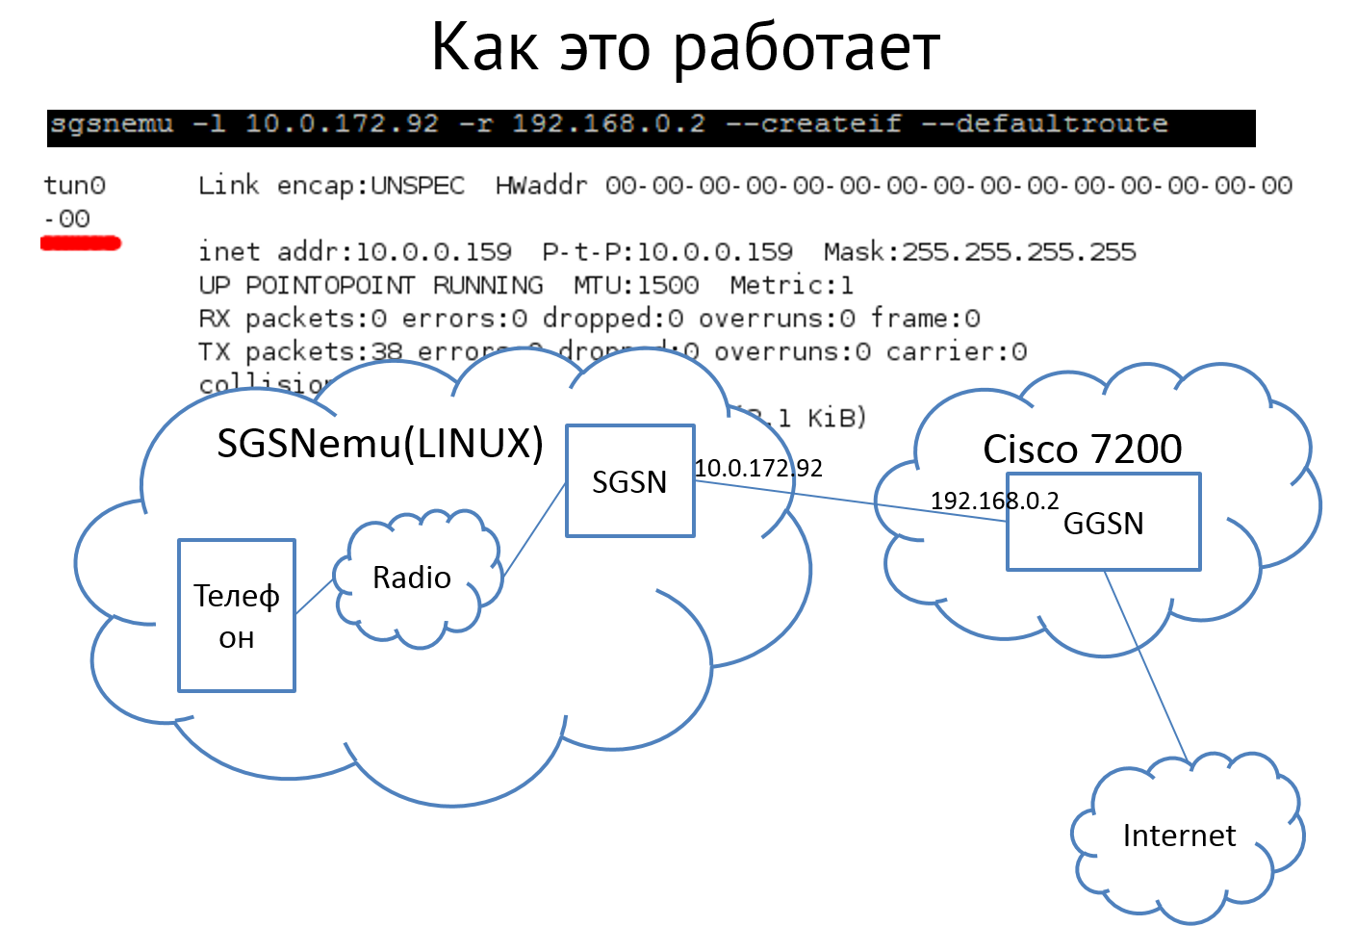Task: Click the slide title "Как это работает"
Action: pos(684,47)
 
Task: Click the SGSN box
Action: pos(629,480)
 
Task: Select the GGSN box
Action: pos(1103,523)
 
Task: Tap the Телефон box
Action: pos(236,615)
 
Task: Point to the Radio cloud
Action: pos(412,578)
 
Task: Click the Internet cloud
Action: pos(1179,836)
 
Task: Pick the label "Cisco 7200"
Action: pos(1082,449)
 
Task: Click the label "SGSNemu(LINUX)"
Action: pos(380,443)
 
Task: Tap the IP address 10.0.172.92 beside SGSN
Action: pos(758,469)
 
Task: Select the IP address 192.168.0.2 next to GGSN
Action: pos(994,501)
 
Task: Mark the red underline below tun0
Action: pos(81,244)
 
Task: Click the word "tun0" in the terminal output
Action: pos(75,185)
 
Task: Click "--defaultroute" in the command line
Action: pos(1044,124)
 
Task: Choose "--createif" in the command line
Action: pos(813,124)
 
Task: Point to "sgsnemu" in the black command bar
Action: pos(112,124)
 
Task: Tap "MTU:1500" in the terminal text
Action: pos(636,285)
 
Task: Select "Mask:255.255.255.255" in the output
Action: pos(980,252)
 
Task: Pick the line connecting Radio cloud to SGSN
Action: pos(534,532)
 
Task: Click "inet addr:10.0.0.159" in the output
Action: pos(354,252)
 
